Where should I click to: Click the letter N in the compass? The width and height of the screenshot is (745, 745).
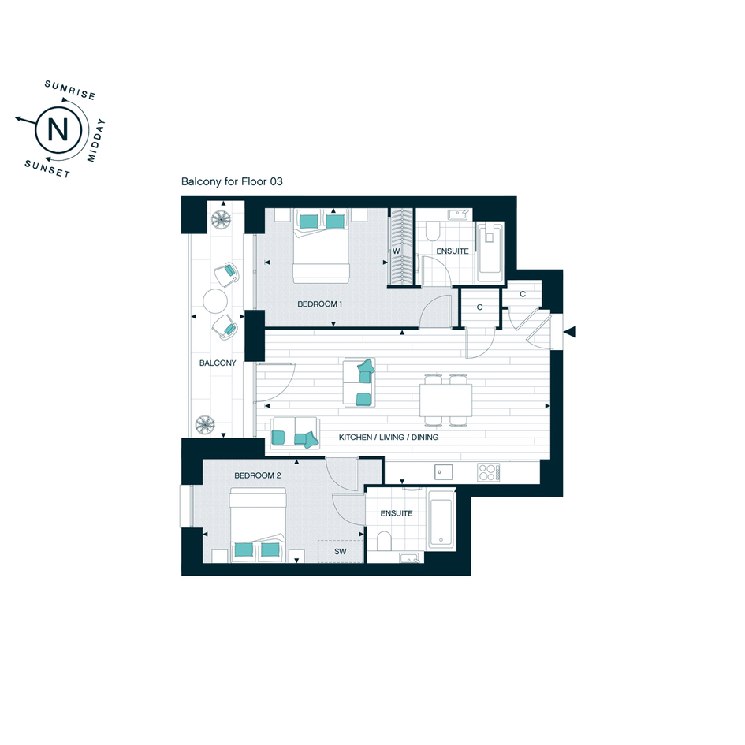tap(58, 129)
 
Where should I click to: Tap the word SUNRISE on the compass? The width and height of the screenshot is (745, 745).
tap(70, 90)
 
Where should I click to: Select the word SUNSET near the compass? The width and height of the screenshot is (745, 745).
tap(47, 169)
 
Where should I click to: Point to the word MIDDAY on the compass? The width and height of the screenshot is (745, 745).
tap(95, 140)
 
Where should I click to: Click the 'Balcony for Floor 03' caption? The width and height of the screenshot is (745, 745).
tap(232, 181)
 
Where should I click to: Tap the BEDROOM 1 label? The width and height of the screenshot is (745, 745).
tap(320, 304)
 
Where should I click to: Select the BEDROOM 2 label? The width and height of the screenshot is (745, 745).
tap(258, 475)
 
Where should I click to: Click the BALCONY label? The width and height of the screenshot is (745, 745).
tap(218, 363)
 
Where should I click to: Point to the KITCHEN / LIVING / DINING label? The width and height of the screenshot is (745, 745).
tap(389, 437)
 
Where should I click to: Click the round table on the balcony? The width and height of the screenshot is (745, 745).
tap(215, 301)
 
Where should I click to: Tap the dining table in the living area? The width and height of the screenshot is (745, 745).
tap(445, 400)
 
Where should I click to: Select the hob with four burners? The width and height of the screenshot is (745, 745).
tap(489, 473)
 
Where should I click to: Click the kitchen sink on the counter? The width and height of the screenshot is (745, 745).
tap(443, 472)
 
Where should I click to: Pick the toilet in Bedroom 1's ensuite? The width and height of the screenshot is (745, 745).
tap(432, 232)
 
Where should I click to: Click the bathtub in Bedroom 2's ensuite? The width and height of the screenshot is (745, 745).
tap(441, 519)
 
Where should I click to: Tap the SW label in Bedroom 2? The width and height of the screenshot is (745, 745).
tap(341, 552)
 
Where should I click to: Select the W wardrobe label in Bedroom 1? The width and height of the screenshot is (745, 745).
tap(397, 251)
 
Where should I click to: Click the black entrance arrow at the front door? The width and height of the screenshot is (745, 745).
tap(569, 332)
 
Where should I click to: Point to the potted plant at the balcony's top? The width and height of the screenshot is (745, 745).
tap(221, 219)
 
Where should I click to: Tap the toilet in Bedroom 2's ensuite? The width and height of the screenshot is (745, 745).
tap(384, 541)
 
